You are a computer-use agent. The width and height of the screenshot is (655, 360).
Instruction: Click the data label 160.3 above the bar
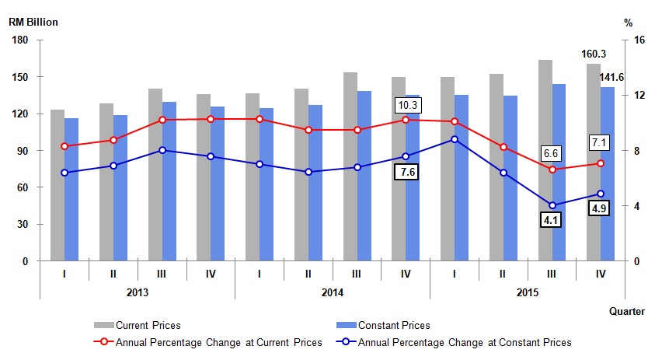click(x=594, y=54)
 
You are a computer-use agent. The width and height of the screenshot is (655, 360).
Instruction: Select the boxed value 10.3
click(x=408, y=104)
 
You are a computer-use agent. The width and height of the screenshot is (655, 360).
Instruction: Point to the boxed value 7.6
click(x=406, y=173)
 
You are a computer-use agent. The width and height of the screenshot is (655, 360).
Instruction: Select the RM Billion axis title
click(x=33, y=22)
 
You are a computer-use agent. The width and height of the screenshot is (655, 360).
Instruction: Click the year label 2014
click(x=333, y=292)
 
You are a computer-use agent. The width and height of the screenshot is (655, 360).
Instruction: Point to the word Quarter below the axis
click(x=626, y=311)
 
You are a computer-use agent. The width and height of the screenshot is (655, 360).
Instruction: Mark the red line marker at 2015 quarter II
click(x=503, y=147)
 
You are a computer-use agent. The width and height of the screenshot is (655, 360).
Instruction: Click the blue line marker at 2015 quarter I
click(x=455, y=139)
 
